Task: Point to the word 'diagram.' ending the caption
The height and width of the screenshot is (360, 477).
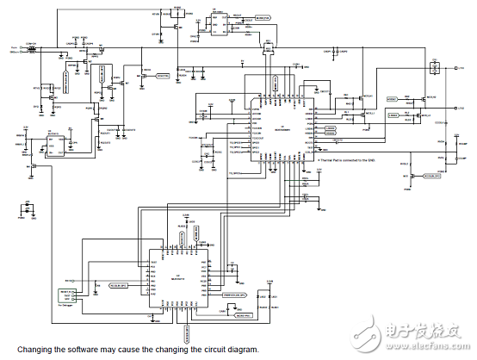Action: (241, 350)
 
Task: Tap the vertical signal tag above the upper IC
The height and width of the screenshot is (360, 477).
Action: (276, 84)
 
